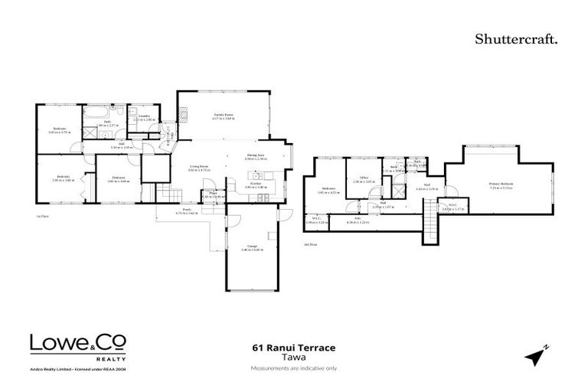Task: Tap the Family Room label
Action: click(223, 116)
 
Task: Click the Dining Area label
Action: click(256, 157)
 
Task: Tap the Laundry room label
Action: click(143, 118)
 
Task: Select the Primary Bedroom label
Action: click(501, 185)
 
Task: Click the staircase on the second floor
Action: click(431, 225)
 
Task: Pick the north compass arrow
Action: click(537, 355)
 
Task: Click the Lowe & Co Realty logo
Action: click(77, 349)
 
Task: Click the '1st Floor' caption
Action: click(43, 217)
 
